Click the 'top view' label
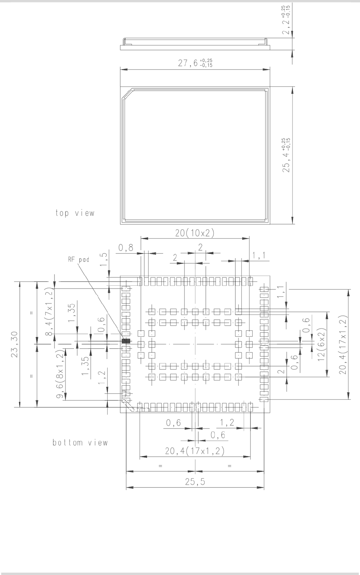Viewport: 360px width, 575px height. pyautogui.click(x=75, y=213)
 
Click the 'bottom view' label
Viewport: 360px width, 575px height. pyautogui.click(x=80, y=442)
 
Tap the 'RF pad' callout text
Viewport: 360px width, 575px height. pyautogui.click(x=79, y=260)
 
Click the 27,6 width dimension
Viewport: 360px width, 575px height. pyautogui.click(x=195, y=63)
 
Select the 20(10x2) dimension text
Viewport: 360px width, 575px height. pyautogui.click(x=195, y=233)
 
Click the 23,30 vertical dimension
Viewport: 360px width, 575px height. pyautogui.click(x=14, y=345)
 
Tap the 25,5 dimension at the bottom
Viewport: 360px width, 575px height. pyautogui.click(x=195, y=482)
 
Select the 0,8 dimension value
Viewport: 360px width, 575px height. pyautogui.click(x=126, y=247)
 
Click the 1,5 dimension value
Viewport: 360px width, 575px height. pyautogui.click(x=103, y=259)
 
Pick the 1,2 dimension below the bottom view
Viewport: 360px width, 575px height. pyautogui.click(x=227, y=423)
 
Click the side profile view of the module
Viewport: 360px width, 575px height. pyautogui.click(x=195, y=44)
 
